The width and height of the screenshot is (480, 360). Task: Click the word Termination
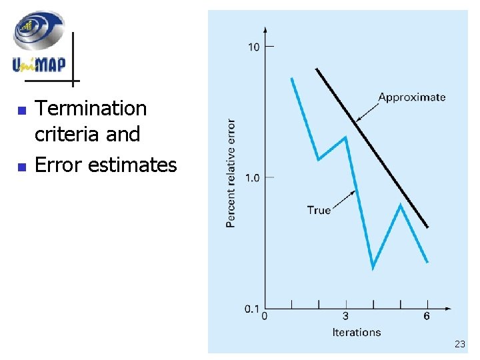(90, 108)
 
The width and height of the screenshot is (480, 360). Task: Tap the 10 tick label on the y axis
(254, 47)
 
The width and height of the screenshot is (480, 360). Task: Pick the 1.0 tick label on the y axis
(253, 177)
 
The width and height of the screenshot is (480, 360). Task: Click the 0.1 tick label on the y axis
(253, 309)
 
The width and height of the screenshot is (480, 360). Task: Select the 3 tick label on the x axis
(345, 316)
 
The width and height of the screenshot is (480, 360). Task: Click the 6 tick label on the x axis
(427, 316)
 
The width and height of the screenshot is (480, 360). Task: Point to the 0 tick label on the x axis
(265, 316)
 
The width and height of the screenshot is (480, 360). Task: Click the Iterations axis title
(357, 332)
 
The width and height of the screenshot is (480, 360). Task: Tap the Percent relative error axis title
(231, 173)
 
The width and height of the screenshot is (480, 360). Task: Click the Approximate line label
(411, 97)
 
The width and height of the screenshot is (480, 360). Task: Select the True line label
(319, 210)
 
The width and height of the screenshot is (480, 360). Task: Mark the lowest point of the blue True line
(373, 268)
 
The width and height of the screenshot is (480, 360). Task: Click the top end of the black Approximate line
(317, 69)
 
